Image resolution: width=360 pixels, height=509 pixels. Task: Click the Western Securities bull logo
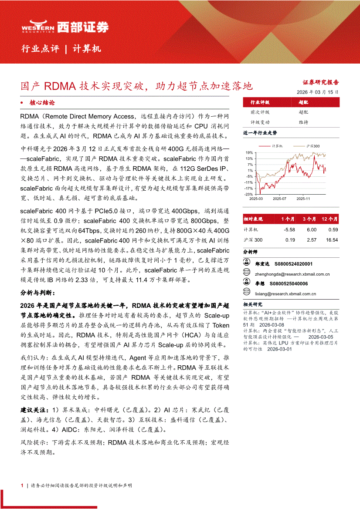pos(38,27)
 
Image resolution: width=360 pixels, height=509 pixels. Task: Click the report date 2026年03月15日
pos(317,92)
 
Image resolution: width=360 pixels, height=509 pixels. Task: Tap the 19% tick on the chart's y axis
pos(249,153)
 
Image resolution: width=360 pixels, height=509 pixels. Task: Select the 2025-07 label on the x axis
pos(279,199)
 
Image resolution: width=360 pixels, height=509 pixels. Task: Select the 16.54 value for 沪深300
pos(332,240)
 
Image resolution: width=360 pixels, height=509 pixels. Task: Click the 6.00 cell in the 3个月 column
pos(311,229)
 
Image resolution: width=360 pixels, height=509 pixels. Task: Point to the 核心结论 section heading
pos(42,103)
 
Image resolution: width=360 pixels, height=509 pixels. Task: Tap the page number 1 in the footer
pos(22,485)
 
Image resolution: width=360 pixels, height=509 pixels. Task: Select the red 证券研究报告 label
pos(321,82)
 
